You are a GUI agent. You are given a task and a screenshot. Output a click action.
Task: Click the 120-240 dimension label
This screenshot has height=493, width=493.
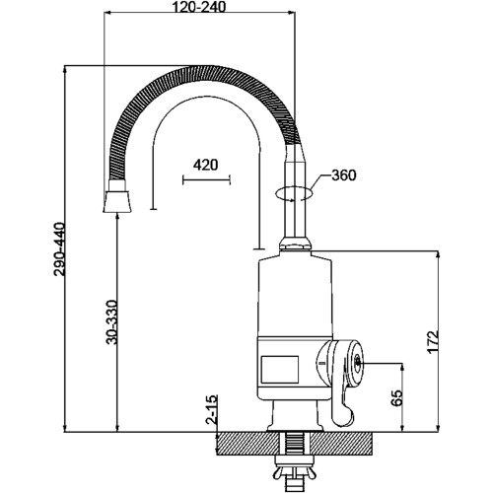[x=199, y=7]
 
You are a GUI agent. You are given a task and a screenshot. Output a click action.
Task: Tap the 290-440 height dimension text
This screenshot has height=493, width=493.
[x=60, y=249]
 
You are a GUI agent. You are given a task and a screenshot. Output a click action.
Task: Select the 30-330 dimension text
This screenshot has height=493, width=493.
[x=111, y=322]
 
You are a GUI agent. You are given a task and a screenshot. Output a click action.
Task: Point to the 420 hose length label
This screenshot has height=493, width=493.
[x=205, y=165]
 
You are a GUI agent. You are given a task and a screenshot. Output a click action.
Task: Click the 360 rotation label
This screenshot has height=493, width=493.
[x=343, y=176]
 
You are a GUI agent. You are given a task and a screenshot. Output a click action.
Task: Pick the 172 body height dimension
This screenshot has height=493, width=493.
[x=433, y=342]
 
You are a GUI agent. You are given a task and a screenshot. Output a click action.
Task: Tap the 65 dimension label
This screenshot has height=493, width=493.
[x=397, y=398]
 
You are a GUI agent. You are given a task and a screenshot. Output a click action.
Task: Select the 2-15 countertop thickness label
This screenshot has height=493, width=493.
[x=212, y=409]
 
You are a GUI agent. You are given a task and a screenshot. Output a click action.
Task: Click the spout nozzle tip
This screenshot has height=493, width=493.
[x=117, y=202]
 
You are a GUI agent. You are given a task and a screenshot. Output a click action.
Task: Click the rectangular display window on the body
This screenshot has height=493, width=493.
[x=280, y=370]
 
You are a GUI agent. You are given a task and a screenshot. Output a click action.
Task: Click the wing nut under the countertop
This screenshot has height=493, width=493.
[x=293, y=474]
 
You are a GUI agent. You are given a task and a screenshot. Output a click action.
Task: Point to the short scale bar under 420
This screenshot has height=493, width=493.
[x=206, y=179]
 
